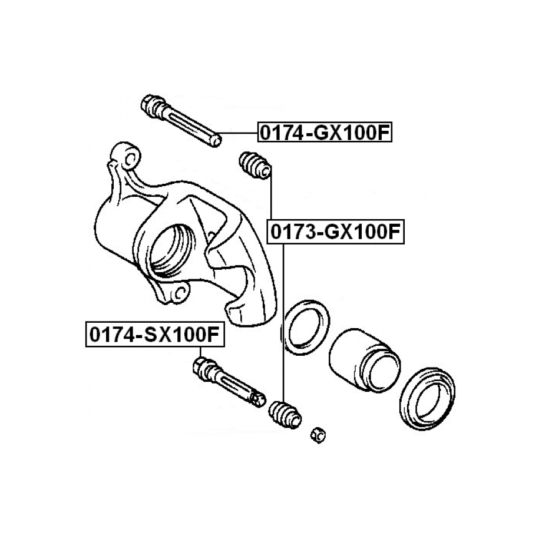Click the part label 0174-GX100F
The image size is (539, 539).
(325, 132)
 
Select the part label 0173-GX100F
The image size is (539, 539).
(336, 232)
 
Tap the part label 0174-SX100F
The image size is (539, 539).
(155, 334)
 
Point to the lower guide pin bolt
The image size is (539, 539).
(229, 382)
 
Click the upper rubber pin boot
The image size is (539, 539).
(254, 165)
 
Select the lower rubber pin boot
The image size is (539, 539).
(285, 415)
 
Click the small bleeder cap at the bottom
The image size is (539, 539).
(318, 435)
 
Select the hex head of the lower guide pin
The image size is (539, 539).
(200, 366)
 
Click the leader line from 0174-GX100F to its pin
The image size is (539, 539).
(239, 133)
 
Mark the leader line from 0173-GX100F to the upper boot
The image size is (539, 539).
(271, 193)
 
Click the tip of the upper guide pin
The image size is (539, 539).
(217, 141)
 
